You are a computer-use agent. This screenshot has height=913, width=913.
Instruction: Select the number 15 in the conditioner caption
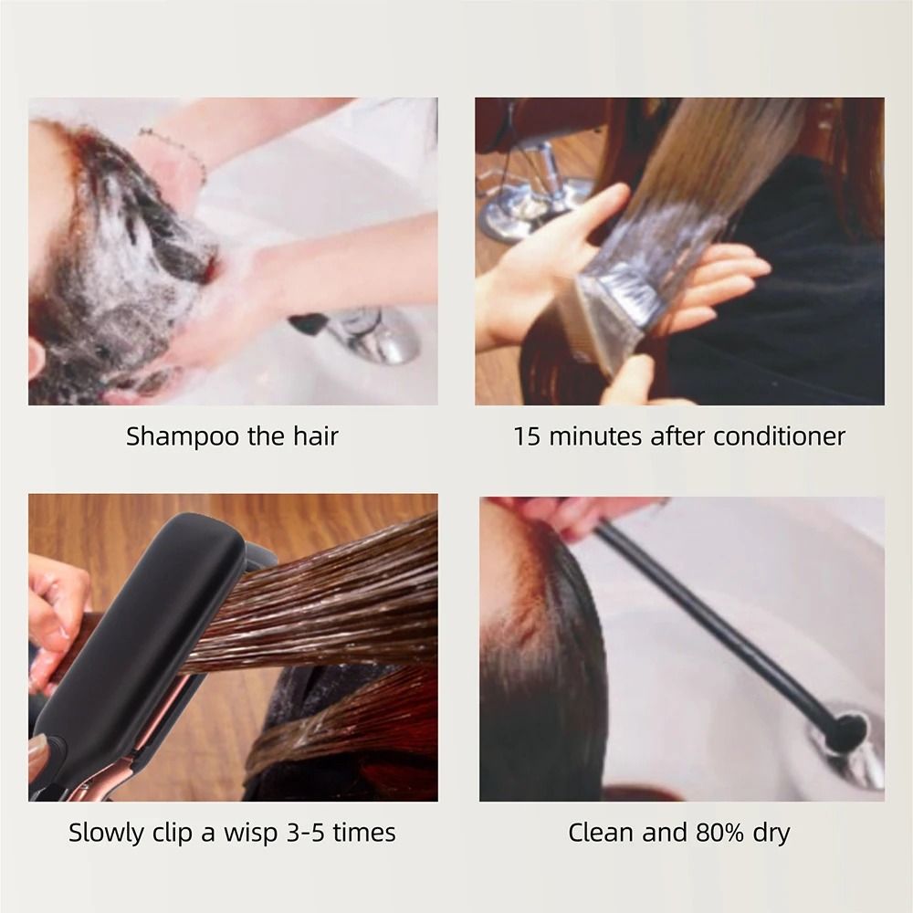coord(528,436)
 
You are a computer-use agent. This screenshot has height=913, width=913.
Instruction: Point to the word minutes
coord(594,436)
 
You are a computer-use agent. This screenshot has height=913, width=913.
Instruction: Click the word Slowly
coord(106,833)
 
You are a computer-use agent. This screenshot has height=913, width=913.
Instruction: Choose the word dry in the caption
coord(770,833)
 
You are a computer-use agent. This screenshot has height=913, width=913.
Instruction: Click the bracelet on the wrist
coord(173,151)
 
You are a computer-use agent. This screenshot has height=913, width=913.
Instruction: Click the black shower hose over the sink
coord(721,621)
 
